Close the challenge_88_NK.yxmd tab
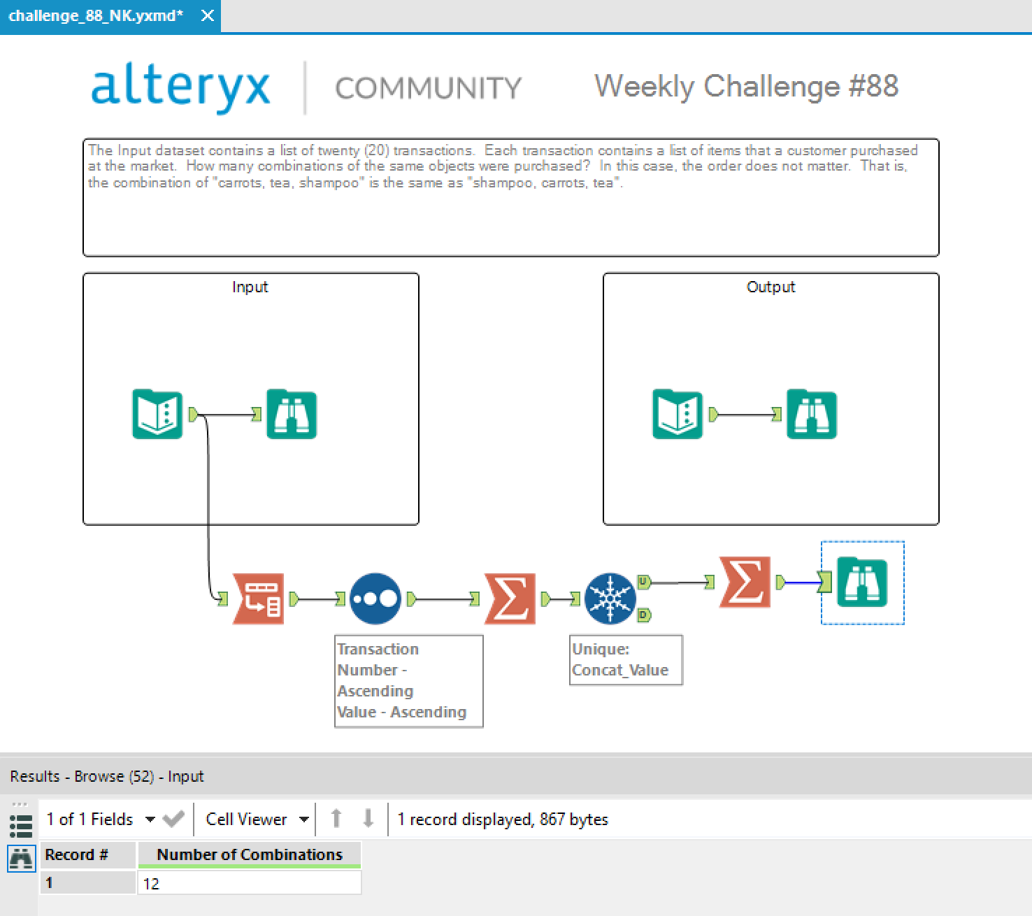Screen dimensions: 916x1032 tap(207, 15)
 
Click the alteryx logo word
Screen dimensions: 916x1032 tap(180, 87)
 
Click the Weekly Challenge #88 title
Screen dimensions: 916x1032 tap(746, 86)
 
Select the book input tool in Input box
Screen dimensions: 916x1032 tap(157, 415)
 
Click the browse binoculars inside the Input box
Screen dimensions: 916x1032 tap(292, 415)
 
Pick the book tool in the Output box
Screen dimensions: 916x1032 tap(677, 415)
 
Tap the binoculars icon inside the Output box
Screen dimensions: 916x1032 tap(811, 415)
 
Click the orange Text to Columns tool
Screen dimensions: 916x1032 tap(258, 599)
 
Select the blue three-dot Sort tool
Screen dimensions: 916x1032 tap(375, 599)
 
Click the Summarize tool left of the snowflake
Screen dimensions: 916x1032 tap(510, 599)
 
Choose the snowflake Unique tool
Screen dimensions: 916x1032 tap(610, 599)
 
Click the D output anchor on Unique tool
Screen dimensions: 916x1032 tap(644, 615)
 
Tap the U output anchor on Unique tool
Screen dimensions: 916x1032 tap(644, 581)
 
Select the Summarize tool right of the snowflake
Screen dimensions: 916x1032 tap(745, 582)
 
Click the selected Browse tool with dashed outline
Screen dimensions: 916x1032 tap(861, 582)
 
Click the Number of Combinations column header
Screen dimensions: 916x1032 tap(249, 854)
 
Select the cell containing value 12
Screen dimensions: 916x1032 tap(249, 883)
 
